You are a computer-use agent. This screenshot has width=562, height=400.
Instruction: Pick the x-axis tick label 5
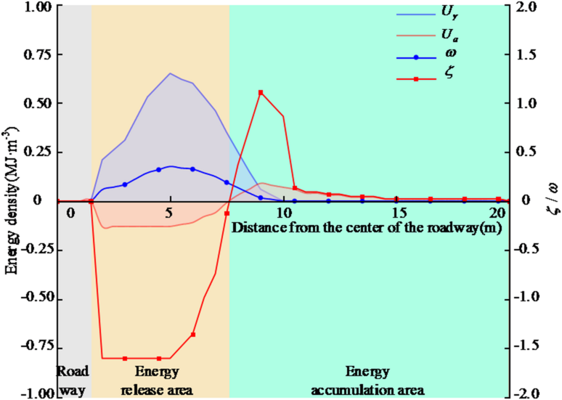170,213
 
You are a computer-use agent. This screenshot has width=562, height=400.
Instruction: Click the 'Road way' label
73,382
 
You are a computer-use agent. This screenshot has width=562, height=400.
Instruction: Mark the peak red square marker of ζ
260,92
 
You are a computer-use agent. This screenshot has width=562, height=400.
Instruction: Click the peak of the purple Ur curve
170,73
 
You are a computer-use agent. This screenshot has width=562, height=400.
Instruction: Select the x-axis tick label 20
497,213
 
